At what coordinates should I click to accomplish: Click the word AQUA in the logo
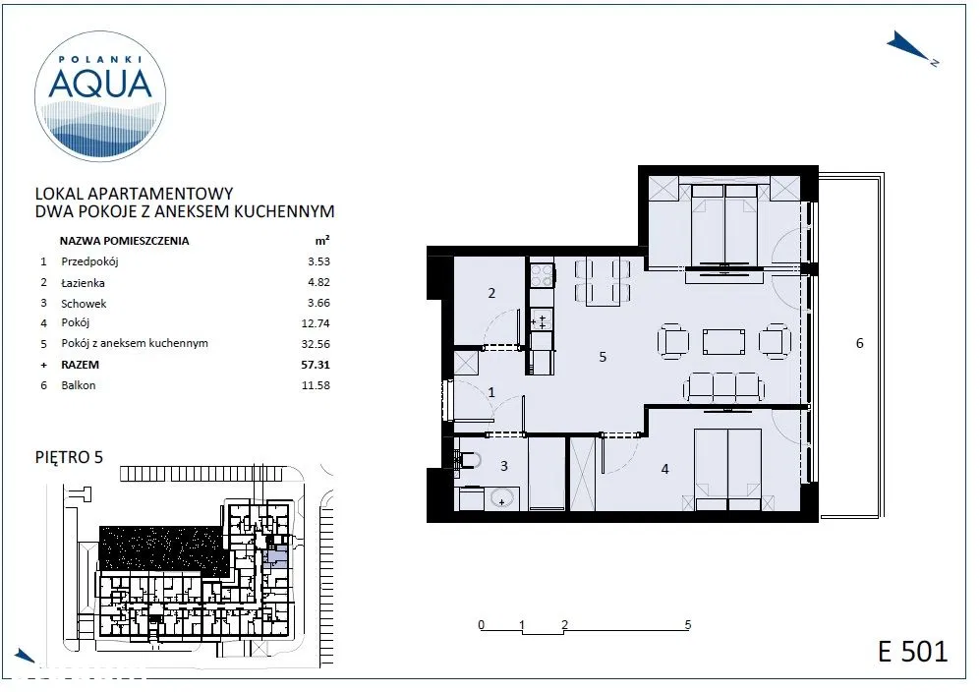coord(100,85)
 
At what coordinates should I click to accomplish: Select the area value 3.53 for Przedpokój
coord(318,261)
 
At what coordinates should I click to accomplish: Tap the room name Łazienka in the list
coord(83,282)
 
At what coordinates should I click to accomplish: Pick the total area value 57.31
coord(316,365)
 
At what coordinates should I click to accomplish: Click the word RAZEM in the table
coord(80,365)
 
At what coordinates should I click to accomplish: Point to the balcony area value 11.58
coord(316,385)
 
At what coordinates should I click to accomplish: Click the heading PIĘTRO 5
coord(69,457)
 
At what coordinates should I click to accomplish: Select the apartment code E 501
coord(912,651)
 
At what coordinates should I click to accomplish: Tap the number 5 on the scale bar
coord(687,624)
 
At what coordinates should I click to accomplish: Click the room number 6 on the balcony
coord(859,343)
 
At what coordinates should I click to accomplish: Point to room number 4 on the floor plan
coord(665,468)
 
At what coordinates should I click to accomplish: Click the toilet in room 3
coord(468,460)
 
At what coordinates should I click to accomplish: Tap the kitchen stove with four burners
coord(542,274)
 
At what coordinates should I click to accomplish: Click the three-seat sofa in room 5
coord(723,387)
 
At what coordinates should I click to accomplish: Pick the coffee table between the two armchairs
coord(723,342)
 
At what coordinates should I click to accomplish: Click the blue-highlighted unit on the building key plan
coord(275,555)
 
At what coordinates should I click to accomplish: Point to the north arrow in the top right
coord(910,47)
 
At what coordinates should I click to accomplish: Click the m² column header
coord(321,240)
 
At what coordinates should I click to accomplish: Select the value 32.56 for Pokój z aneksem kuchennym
coord(316,344)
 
